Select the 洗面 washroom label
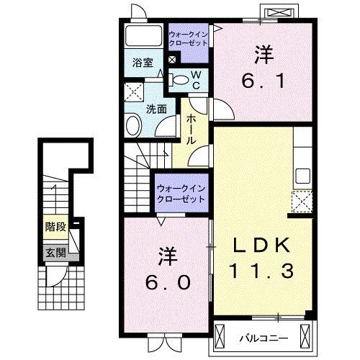[156, 109]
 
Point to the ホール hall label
[192, 130]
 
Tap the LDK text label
[262, 246]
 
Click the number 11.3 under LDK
[262, 271]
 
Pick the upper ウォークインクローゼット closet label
[189, 38]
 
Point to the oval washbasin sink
[133, 127]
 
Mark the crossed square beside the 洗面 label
[133, 91]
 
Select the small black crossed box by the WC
[171, 60]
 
